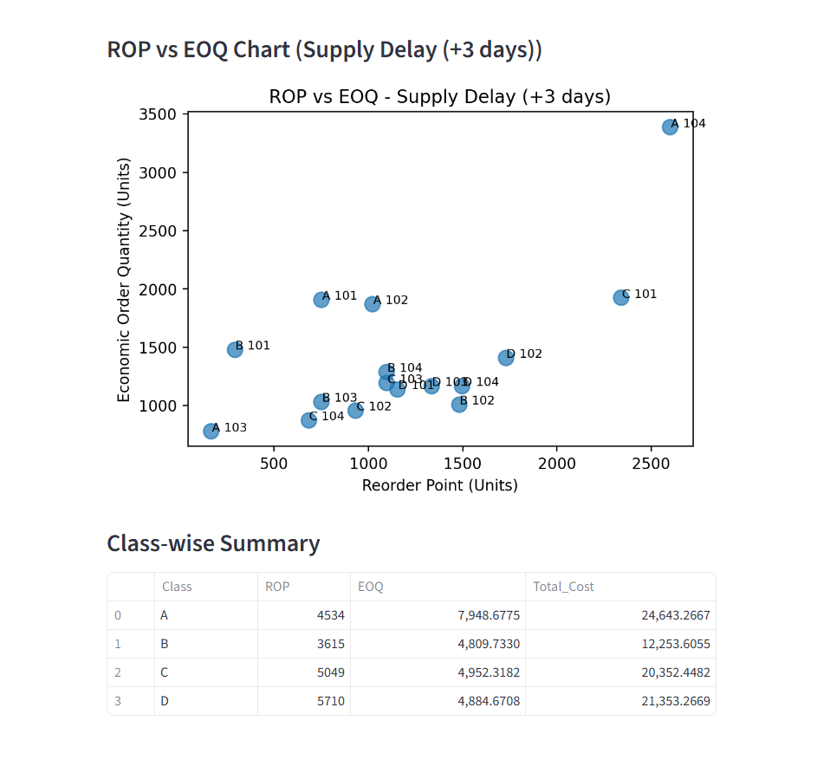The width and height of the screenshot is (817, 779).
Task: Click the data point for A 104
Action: pyautogui.click(x=670, y=127)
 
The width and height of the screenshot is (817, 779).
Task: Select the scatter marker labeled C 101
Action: pyautogui.click(x=620, y=297)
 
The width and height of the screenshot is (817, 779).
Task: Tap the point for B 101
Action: pyautogui.click(x=235, y=349)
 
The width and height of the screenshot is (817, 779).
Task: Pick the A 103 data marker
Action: pyautogui.click(x=211, y=431)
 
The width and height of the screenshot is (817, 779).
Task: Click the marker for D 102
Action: pyautogui.click(x=506, y=358)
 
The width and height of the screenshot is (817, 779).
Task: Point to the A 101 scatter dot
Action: pyautogui.click(x=321, y=299)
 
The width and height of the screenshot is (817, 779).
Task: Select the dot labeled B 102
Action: pyautogui.click(x=459, y=405)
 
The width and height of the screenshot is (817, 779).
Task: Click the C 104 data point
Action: pyautogui.click(x=308, y=419)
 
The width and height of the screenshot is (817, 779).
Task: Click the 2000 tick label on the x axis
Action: pyautogui.click(x=556, y=464)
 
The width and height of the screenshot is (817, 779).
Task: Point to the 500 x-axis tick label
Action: pyautogui.click(x=274, y=464)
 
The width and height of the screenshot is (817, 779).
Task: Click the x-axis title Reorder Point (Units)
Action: pyautogui.click(x=440, y=485)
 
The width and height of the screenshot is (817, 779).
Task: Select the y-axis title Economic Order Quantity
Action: pyautogui.click(x=124, y=280)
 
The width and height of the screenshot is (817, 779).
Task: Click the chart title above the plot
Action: pyautogui.click(x=440, y=96)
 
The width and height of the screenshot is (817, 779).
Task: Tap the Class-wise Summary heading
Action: pyautogui.click(x=213, y=543)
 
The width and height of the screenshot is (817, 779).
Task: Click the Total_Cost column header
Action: pyautogui.click(x=563, y=587)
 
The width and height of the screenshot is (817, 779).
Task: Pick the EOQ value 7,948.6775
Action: pyautogui.click(x=489, y=615)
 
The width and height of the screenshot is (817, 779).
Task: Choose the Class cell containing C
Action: pyautogui.click(x=165, y=672)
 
